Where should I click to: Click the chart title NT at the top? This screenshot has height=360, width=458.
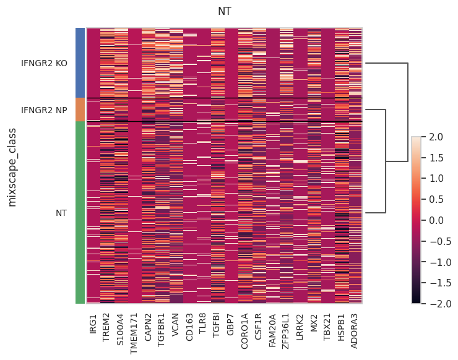(224, 11)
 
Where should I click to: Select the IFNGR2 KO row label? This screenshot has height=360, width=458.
(44, 63)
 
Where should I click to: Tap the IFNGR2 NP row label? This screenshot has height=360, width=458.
(44, 110)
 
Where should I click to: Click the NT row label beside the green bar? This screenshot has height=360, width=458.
(61, 213)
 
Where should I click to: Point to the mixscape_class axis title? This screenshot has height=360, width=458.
(12, 167)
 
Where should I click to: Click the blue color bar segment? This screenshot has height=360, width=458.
(80, 62)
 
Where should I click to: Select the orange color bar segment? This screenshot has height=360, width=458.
(80, 109)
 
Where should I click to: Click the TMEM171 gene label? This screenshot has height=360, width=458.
(134, 334)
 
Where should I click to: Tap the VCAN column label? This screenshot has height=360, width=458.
(175, 325)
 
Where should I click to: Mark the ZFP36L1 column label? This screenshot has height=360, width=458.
(285, 332)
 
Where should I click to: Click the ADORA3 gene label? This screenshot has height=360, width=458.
(354, 331)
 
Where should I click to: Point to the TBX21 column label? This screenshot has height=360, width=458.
(327, 327)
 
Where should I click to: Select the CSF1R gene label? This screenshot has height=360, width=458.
(258, 327)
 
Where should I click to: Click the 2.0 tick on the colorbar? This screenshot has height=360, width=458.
(436, 137)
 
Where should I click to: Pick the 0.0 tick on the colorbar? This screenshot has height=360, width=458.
(436, 220)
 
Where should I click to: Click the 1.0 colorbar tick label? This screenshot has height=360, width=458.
(436, 178)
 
